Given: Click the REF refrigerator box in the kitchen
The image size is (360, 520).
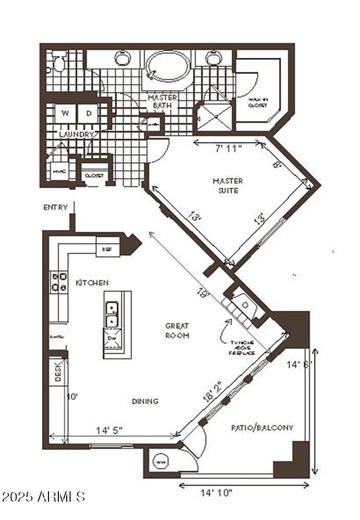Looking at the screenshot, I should point(107,249).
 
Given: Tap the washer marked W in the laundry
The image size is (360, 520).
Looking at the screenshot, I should point(66,113).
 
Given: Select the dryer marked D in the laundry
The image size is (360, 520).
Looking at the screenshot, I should point(89,113).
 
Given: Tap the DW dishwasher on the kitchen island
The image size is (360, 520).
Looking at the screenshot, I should point(111,338).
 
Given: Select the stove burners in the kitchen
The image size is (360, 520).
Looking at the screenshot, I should point(58,281).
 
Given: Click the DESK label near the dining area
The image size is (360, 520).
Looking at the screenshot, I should point(58,370).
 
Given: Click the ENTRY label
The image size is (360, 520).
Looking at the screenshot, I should point(56,207).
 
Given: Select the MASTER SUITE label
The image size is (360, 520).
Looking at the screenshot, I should point(228,185).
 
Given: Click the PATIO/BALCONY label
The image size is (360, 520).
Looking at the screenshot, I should point(262,428).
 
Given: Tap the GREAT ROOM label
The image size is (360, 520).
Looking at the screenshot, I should point(177,330).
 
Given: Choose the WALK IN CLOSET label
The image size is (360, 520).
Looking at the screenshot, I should point(257,102).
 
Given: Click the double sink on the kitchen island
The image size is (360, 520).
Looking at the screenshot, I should point(111,314).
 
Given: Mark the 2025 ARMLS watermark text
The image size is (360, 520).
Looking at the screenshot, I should point(43,497).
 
